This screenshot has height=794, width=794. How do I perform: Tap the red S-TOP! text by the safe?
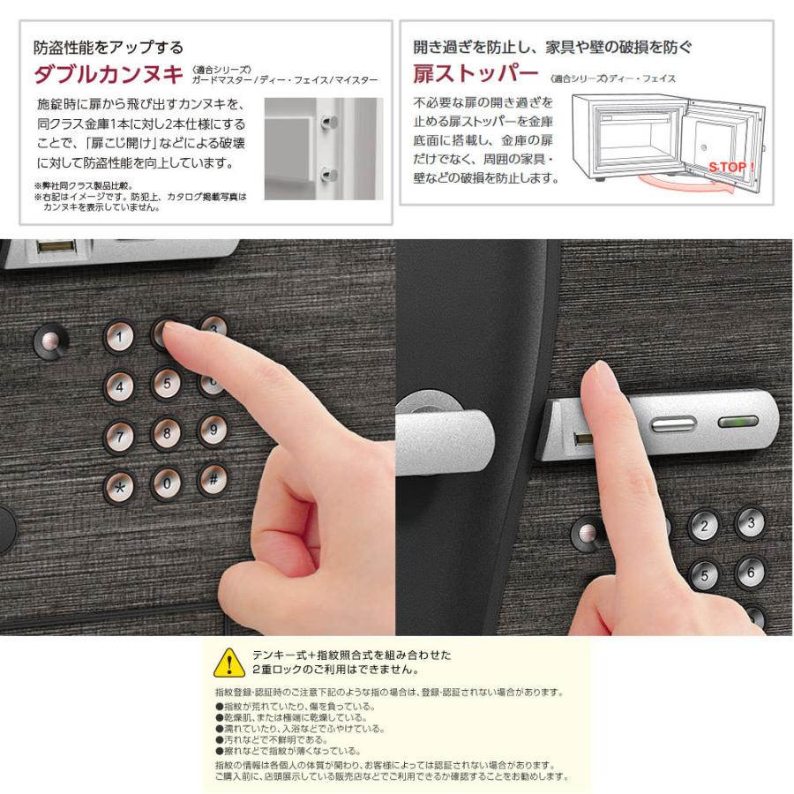731,168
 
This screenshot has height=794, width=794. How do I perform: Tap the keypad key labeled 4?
120,385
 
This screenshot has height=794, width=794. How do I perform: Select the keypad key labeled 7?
119,434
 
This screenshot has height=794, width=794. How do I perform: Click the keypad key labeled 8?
166,433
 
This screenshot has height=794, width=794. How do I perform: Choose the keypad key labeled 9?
213,430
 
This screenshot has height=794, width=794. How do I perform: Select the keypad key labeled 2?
704,528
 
